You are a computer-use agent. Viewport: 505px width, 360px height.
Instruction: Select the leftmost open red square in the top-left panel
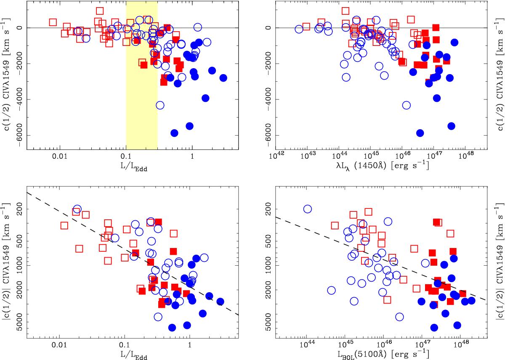click(x=53, y=22)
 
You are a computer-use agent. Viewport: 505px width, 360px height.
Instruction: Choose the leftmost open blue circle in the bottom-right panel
click(x=307, y=209)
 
